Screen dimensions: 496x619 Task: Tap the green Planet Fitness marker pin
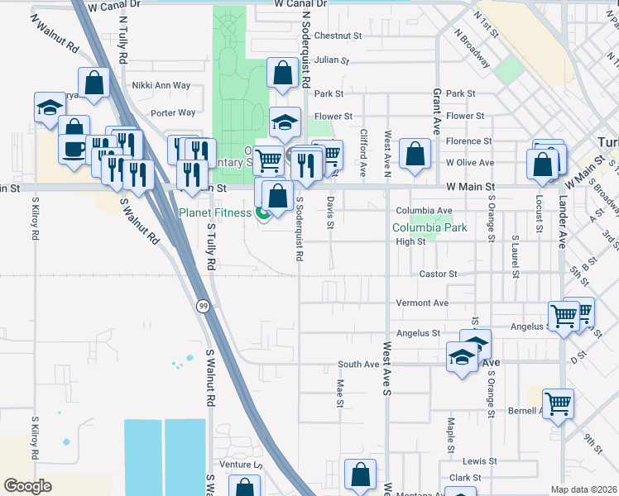pyautogui.click(x=263, y=215)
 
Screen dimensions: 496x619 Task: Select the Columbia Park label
pyautogui.click(x=429, y=227)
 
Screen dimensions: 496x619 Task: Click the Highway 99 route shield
pyautogui.click(x=203, y=306)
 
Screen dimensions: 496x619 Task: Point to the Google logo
pyautogui.click(x=27, y=486)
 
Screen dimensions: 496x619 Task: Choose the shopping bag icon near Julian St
pyautogui.click(x=283, y=73)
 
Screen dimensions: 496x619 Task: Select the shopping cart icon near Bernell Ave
pyautogui.click(x=559, y=403)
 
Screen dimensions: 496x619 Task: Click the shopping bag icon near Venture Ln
pyautogui.click(x=360, y=475)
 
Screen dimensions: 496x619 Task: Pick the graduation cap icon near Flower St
pyautogui.click(x=286, y=122)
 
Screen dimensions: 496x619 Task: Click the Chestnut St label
pyautogui.click(x=338, y=36)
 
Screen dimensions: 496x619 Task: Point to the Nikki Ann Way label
pyautogui.click(x=161, y=85)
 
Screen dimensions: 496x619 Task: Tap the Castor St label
pyautogui.click(x=439, y=274)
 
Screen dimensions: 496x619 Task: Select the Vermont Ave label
pyautogui.click(x=422, y=303)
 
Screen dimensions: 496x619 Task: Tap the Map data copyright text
pyautogui.click(x=583, y=489)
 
